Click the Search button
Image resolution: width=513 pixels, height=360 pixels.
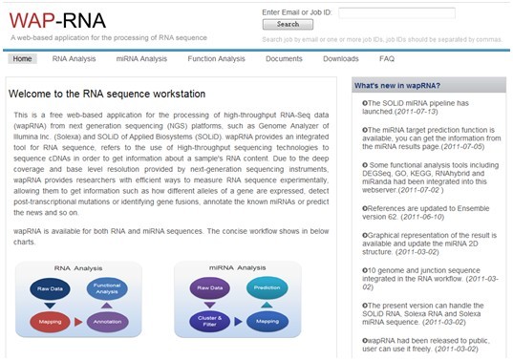[x=287, y=24]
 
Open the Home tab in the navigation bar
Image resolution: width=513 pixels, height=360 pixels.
[x=22, y=58]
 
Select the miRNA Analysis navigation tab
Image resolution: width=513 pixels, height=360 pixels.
[x=141, y=58]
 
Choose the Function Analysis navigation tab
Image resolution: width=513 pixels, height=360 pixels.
[x=216, y=58]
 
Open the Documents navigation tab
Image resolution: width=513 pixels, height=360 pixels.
[x=284, y=58]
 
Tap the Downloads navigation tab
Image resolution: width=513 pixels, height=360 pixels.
[x=340, y=58]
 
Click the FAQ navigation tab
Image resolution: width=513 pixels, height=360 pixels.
[x=387, y=58]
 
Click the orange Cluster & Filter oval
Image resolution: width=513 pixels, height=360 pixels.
[x=204, y=322]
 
